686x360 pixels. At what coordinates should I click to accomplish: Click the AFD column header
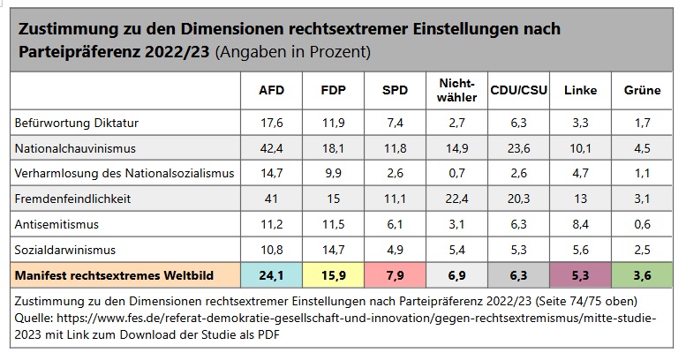tap(271, 91)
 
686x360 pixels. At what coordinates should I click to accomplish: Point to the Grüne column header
tap(642, 91)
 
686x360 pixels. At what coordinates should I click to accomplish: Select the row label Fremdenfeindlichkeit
tap(72, 199)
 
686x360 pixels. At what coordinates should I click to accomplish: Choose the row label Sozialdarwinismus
tap(66, 250)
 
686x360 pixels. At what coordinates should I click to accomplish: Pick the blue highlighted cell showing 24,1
tap(271, 276)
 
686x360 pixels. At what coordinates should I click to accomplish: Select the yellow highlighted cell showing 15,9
tap(331, 276)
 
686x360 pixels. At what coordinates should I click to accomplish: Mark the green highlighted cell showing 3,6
tap(642, 276)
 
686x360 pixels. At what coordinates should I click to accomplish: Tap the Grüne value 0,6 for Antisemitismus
tap(642, 224)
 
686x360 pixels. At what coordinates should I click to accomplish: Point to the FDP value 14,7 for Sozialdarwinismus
tap(331, 250)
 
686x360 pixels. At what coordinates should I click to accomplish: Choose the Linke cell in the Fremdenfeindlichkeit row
tap(579, 199)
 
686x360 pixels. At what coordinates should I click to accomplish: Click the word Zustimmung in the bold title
tap(61, 30)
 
